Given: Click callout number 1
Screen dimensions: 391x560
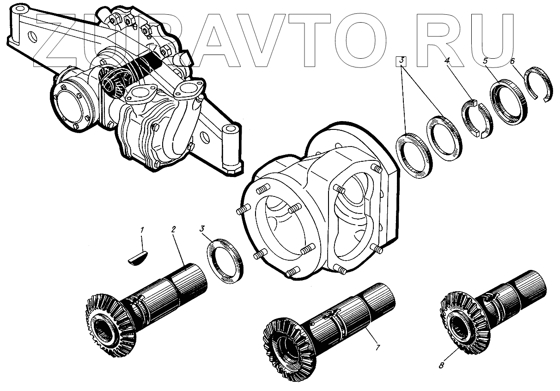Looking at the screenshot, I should tap(142, 229).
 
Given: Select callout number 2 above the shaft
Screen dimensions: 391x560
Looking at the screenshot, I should tap(174, 230).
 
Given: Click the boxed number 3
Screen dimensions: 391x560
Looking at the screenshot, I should tap(402, 61).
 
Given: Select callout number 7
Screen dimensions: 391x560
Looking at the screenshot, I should tap(377, 347).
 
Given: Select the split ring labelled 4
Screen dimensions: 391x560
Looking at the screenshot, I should tap(476, 118).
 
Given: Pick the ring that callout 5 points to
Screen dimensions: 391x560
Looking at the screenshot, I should tap(509, 102).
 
